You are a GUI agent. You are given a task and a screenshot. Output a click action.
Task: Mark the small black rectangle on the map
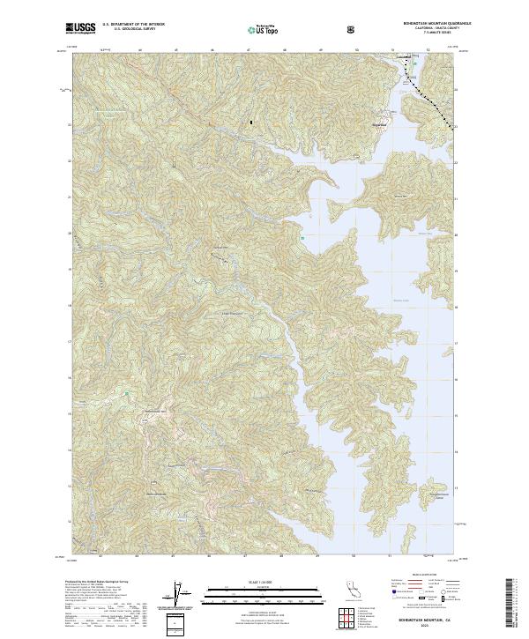(250, 122)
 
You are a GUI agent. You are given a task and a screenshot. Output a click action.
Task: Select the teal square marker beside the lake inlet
(302, 236)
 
